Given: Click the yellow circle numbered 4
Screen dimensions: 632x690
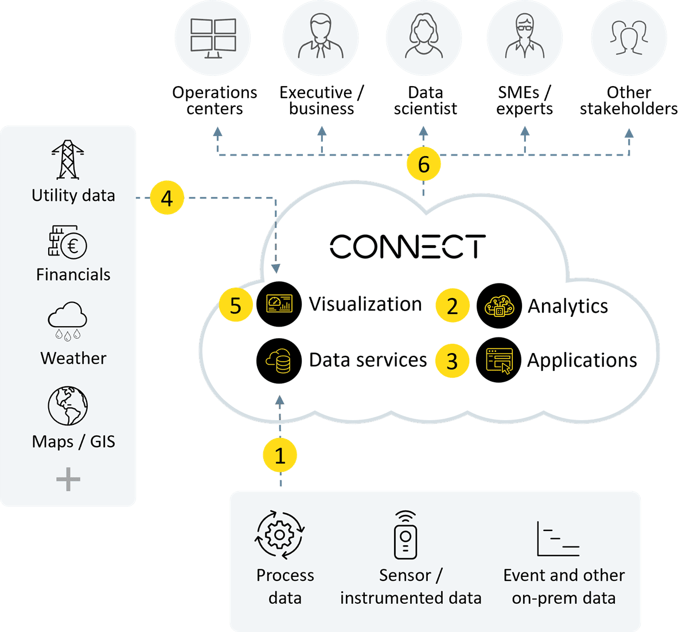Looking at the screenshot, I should pyautogui.click(x=167, y=199).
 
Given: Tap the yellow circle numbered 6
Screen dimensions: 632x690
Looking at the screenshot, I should pyautogui.click(x=424, y=165).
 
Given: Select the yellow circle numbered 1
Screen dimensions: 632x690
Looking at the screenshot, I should pyautogui.click(x=280, y=456).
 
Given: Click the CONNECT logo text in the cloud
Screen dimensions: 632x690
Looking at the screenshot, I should pyautogui.click(x=408, y=246).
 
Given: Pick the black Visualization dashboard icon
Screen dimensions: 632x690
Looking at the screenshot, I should pyautogui.click(x=279, y=304).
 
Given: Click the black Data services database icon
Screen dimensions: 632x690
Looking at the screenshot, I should pyautogui.click(x=279, y=360).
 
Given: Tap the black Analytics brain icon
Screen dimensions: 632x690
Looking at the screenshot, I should pyautogui.click(x=498, y=306).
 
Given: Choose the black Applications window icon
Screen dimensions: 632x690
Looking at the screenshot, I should pyautogui.click(x=498, y=360).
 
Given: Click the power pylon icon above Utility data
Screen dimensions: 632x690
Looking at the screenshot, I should pyautogui.click(x=68, y=160).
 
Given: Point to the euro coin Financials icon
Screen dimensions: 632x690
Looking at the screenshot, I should pyautogui.click(x=68, y=242).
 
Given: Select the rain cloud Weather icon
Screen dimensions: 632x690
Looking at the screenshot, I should pyautogui.click(x=68, y=320).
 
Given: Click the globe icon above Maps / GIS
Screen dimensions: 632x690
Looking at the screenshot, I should pyautogui.click(x=68, y=406).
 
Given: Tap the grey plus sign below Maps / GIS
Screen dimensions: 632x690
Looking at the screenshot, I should pyautogui.click(x=68, y=479).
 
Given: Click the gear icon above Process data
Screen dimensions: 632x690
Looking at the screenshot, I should pyautogui.click(x=280, y=534).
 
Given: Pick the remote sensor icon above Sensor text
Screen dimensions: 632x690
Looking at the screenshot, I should pyautogui.click(x=406, y=535).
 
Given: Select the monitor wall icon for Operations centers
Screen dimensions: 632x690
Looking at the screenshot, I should pyautogui.click(x=213, y=37).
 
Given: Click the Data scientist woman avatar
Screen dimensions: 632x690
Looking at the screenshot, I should pyautogui.click(x=424, y=37).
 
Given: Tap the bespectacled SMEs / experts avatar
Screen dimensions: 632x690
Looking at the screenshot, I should pyautogui.click(x=524, y=37).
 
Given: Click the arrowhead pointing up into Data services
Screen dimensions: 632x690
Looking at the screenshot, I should pyautogui.click(x=280, y=401).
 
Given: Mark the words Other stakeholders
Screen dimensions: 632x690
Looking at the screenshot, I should pyautogui.click(x=629, y=100).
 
